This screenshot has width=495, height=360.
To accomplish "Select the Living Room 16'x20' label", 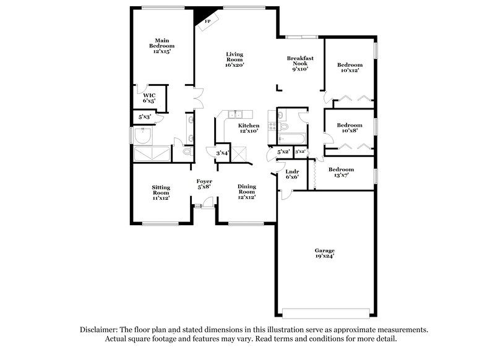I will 235,59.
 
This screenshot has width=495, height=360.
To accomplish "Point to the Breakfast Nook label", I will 300,62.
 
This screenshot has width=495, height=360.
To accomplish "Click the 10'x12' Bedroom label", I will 350,67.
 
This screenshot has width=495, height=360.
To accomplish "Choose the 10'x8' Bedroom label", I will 350,127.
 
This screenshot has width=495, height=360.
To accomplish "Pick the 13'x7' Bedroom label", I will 341,173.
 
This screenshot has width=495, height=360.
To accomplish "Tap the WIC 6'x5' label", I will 149,97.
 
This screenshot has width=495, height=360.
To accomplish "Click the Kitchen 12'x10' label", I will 248,128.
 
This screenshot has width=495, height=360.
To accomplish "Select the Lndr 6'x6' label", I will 292,174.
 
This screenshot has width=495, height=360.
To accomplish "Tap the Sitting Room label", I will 161,192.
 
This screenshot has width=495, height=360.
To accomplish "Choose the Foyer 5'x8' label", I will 204,184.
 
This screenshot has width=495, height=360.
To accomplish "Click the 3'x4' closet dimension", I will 222,153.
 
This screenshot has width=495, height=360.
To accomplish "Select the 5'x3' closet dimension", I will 145,116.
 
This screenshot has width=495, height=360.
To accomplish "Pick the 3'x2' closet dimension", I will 300,152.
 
